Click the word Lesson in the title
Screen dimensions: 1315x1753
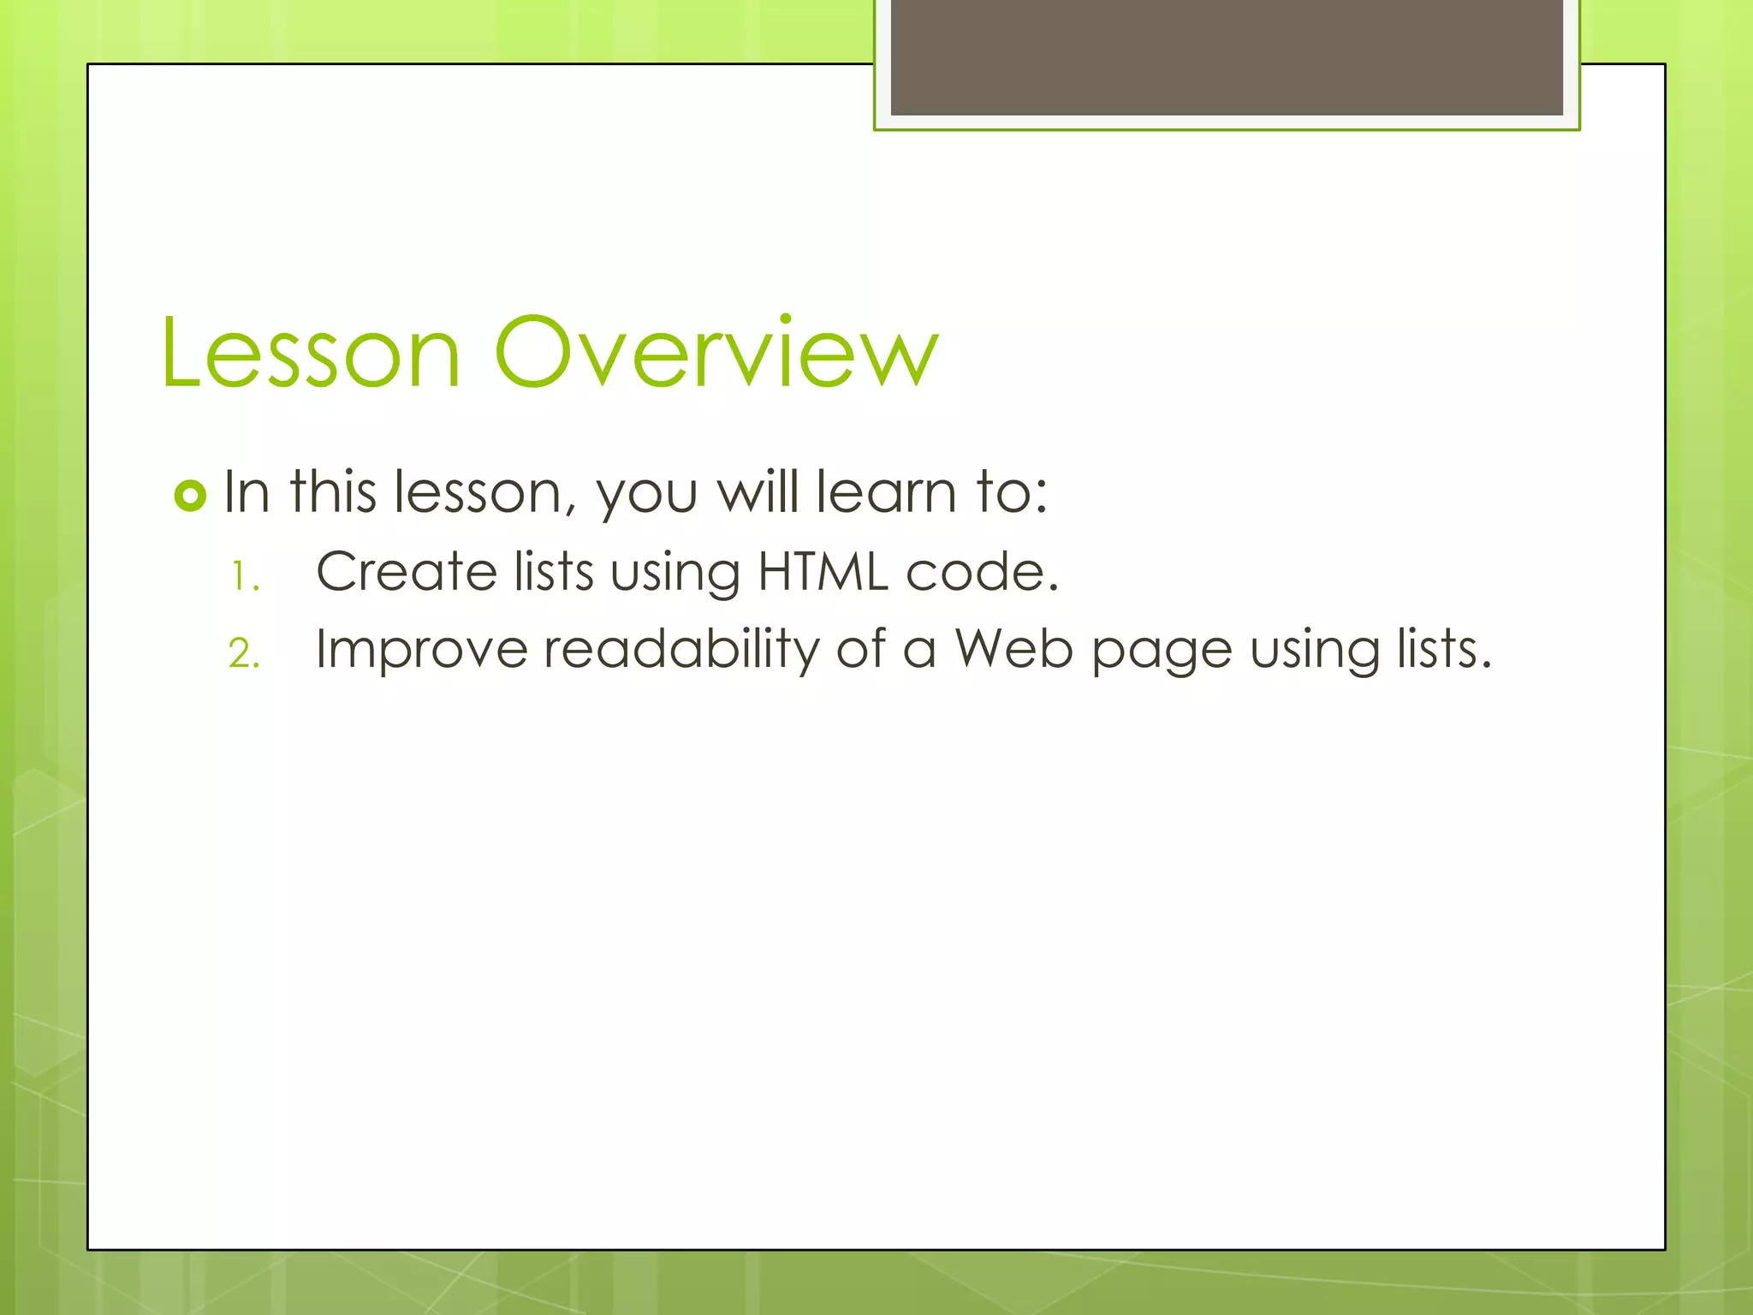point(310,354)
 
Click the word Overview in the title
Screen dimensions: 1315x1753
point(716,352)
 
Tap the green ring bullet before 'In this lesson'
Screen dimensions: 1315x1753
point(190,496)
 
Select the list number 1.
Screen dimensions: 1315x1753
point(245,576)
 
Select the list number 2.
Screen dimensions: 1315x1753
point(244,654)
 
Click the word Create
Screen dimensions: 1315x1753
point(406,572)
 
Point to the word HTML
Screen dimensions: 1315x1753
point(823,572)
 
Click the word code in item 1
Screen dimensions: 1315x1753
point(981,572)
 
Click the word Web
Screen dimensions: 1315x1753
point(1013,649)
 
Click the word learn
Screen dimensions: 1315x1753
point(885,493)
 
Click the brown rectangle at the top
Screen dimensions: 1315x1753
point(1227,57)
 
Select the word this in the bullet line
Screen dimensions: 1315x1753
point(333,492)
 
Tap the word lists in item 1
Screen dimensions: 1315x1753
point(554,572)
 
